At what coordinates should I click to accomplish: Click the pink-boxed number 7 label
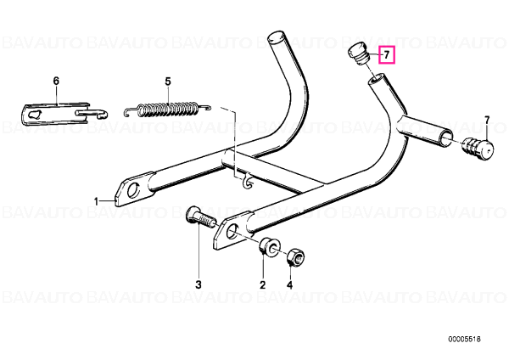[386, 55]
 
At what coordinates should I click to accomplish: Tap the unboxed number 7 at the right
[487, 120]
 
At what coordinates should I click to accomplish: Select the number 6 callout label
[56, 81]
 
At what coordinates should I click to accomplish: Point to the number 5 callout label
[167, 82]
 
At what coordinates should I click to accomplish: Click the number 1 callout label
[96, 202]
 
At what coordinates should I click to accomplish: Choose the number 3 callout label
[199, 284]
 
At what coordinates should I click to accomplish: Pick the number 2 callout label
[262, 285]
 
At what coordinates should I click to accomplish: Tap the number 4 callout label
[289, 285]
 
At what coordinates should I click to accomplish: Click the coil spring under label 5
[167, 110]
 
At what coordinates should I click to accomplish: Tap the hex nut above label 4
[295, 256]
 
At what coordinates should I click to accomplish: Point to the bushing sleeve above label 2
[270, 247]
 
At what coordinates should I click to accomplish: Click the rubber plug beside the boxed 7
[359, 53]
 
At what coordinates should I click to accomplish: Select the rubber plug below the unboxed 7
[478, 149]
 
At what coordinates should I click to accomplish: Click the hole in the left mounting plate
[133, 189]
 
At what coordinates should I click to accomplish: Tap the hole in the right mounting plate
[232, 230]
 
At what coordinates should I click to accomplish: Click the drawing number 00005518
[464, 340]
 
